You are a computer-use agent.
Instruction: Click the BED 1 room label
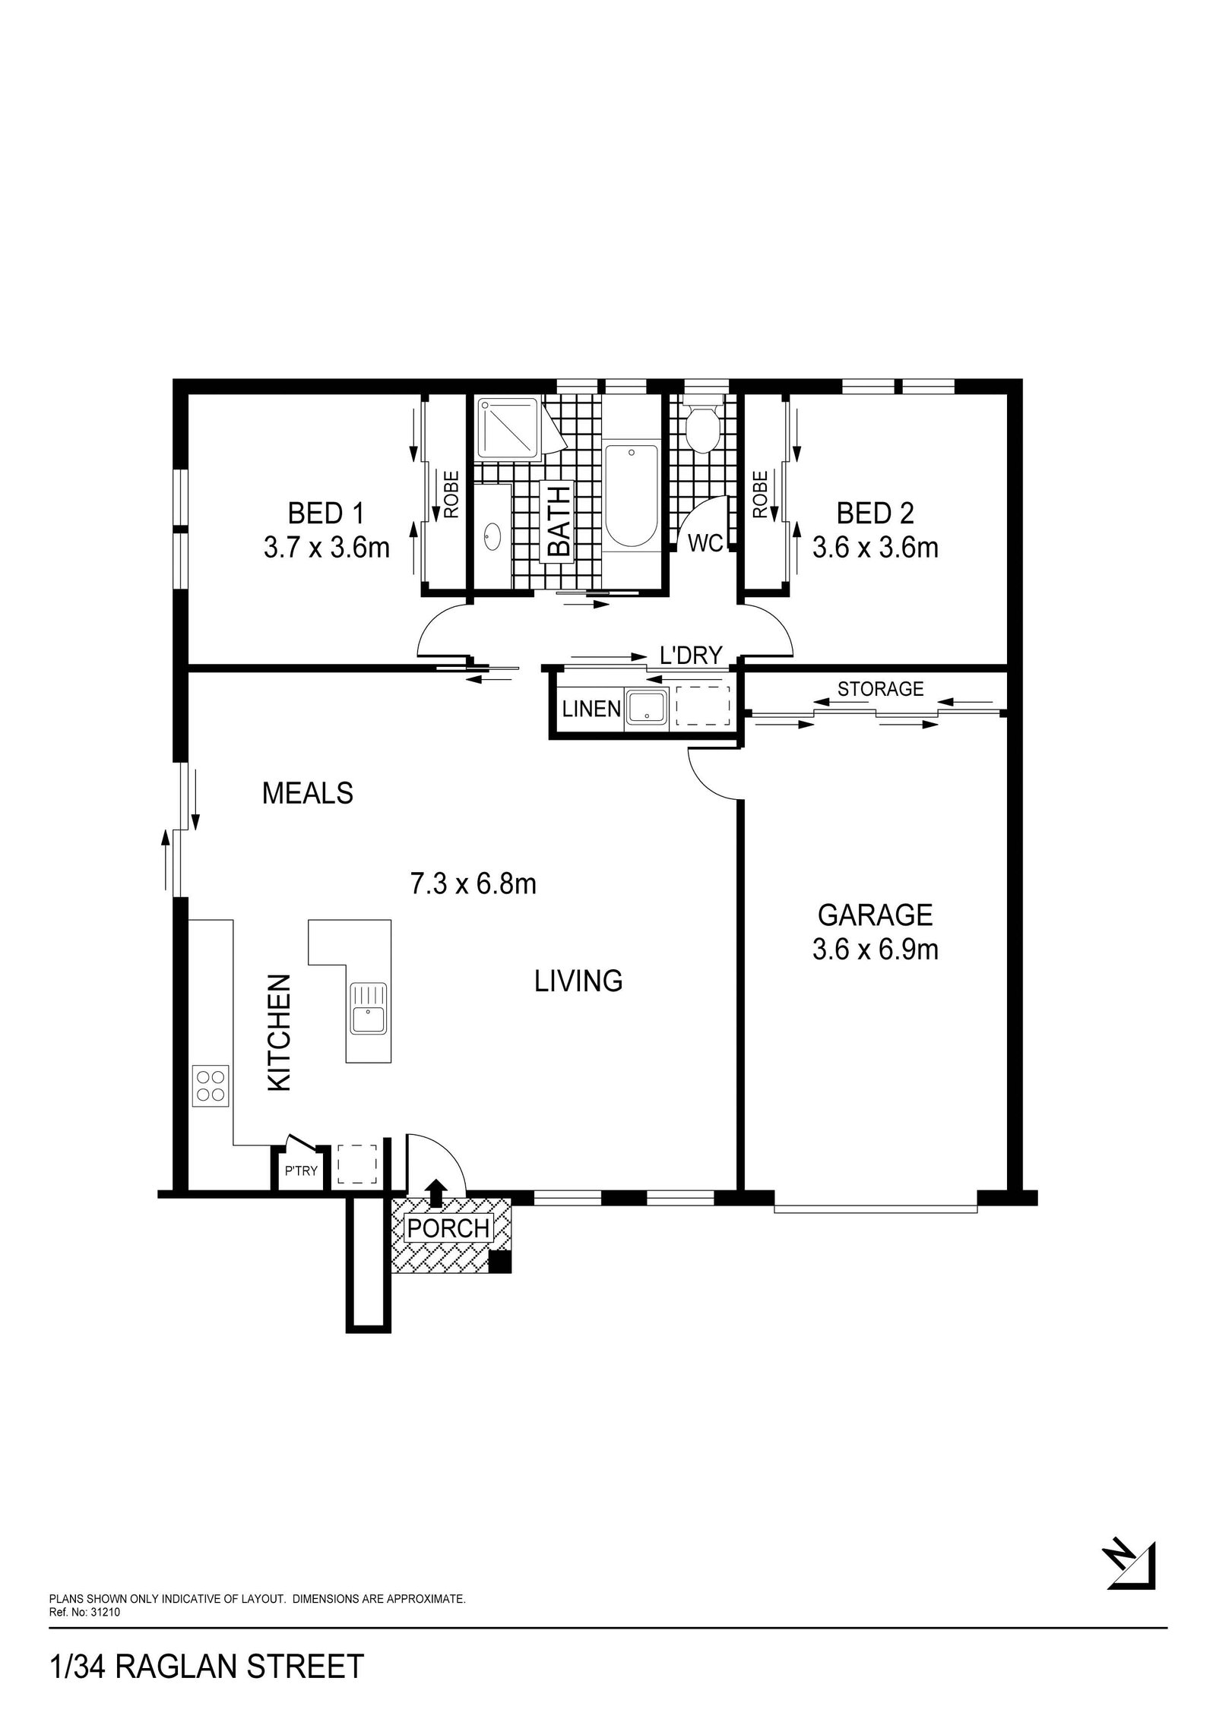[325, 513]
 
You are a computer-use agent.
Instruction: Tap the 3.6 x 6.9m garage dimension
[875, 950]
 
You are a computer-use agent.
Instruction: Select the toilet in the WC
[697, 428]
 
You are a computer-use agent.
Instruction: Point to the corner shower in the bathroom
[510, 429]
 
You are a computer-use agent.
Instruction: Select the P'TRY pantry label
[301, 1171]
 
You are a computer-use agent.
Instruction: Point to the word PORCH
[448, 1228]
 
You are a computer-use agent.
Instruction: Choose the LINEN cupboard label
[591, 709]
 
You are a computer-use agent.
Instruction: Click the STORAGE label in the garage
[880, 688]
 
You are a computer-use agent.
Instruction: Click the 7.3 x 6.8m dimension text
[473, 884]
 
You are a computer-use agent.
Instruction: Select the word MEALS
[307, 794]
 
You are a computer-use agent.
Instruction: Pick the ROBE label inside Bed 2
[759, 495]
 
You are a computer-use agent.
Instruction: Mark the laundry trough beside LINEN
[645, 707]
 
